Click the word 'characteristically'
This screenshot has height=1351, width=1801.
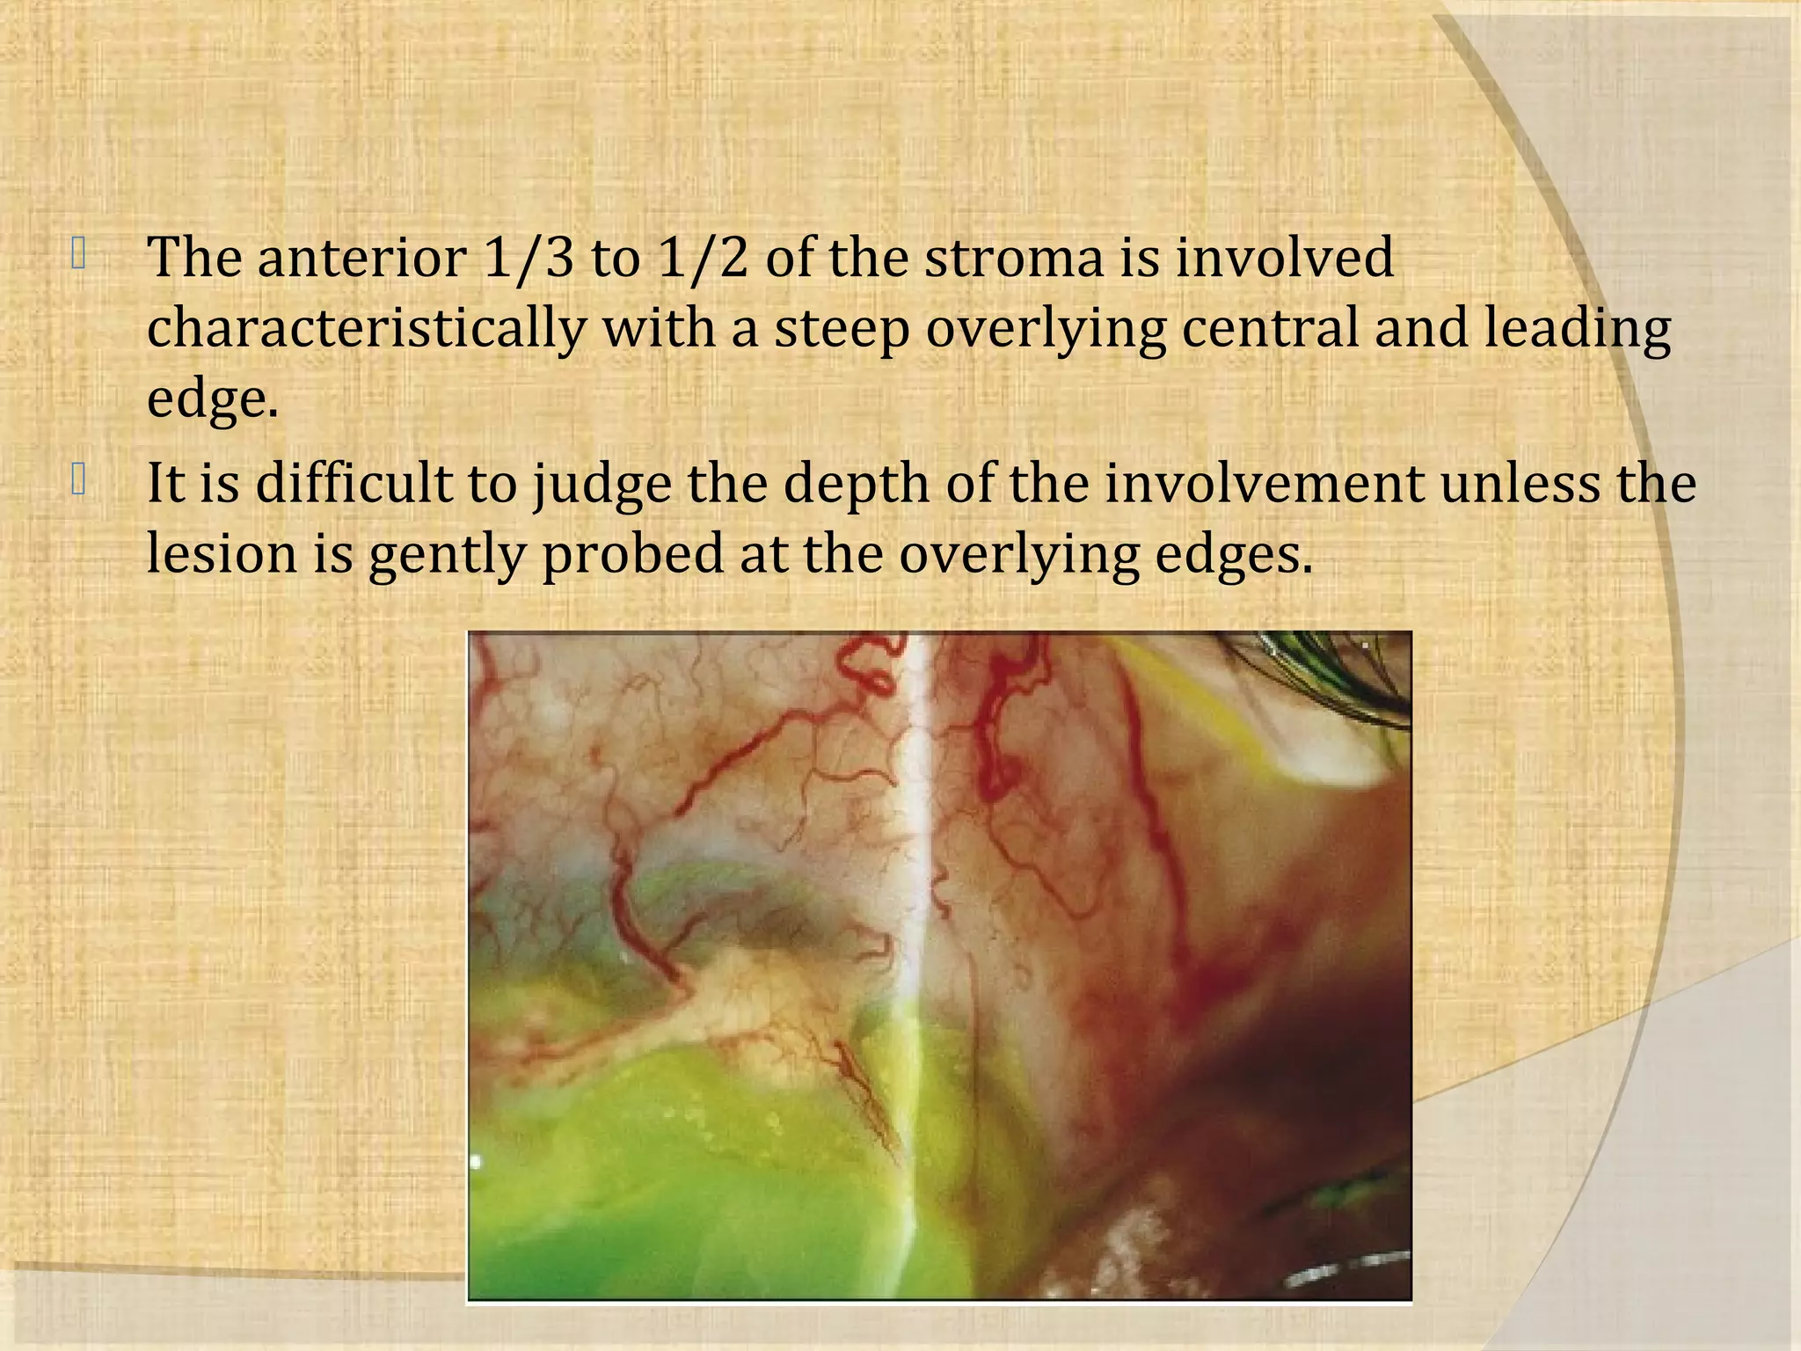tap(366, 329)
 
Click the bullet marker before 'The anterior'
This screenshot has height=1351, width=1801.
tap(79, 255)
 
